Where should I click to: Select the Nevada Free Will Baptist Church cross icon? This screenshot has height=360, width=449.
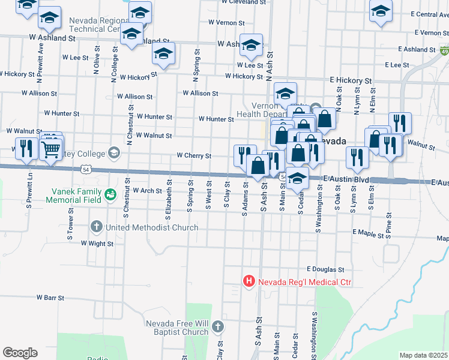217,327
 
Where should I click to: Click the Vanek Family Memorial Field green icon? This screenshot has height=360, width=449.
109,194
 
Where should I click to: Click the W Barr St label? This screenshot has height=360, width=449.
50,297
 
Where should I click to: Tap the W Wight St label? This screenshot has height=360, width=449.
93,244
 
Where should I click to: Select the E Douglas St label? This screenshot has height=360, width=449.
325,269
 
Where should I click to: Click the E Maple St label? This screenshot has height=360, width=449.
368,232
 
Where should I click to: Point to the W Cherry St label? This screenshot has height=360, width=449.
193,155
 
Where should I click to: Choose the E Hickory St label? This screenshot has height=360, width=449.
351,80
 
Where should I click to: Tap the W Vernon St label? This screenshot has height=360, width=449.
226,22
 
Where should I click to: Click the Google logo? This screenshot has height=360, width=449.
20,352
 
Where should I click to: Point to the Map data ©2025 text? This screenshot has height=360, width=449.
424,355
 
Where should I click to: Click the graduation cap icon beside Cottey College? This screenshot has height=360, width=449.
113,152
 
